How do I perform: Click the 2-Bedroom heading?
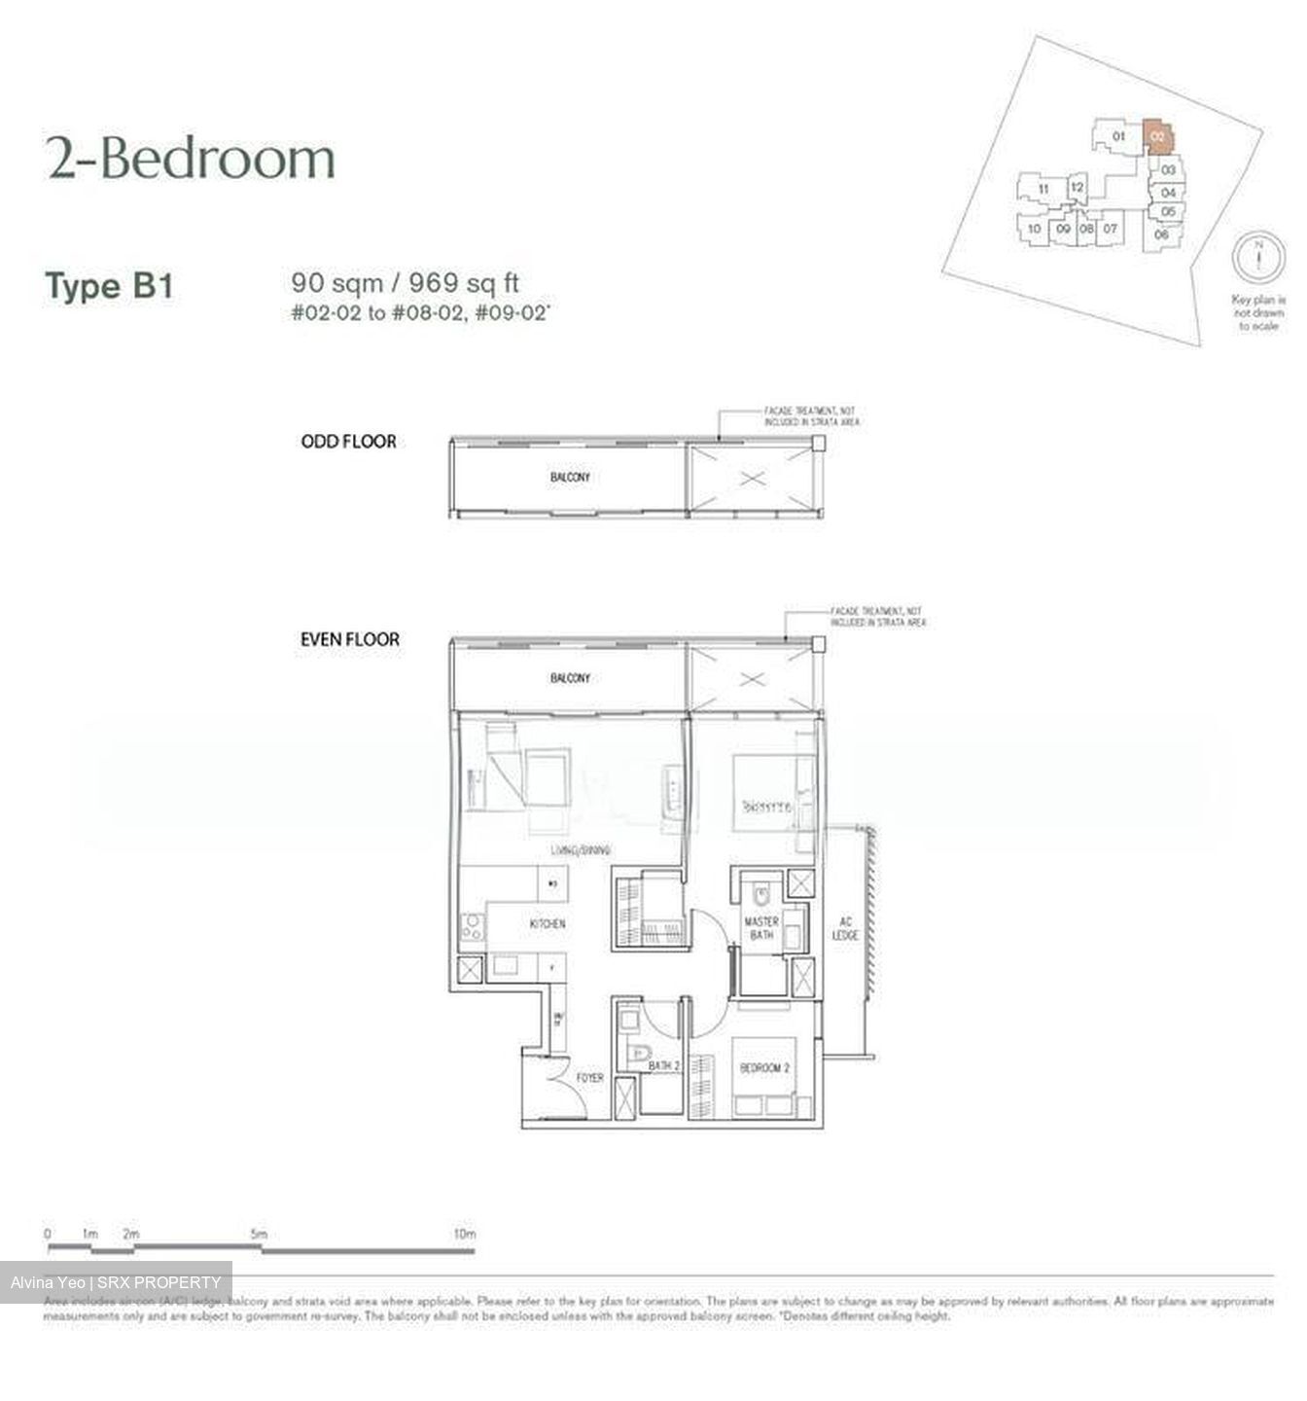click(x=191, y=159)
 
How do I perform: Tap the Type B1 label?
click(x=109, y=287)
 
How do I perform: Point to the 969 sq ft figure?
click(x=464, y=283)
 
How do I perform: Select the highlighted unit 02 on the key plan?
click(x=1157, y=136)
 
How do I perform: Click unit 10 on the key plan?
click(x=1035, y=230)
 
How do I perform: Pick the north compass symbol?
click(x=1258, y=259)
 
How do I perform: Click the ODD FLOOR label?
click(x=348, y=442)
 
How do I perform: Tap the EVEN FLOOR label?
click(x=350, y=640)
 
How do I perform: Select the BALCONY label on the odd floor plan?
click(x=570, y=478)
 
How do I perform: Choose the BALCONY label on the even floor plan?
click(x=570, y=678)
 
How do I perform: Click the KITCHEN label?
click(x=548, y=923)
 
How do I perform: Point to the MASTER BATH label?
click(x=761, y=928)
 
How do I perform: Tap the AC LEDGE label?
click(x=845, y=928)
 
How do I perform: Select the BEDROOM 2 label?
click(x=765, y=1068)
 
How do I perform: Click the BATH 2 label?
click(x=664, y=1066)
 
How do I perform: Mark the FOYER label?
click(x=590, y=1078)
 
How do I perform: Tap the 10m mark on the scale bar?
click(x=465, y=1235)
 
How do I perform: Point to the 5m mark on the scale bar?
click(x=258, y=1235)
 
